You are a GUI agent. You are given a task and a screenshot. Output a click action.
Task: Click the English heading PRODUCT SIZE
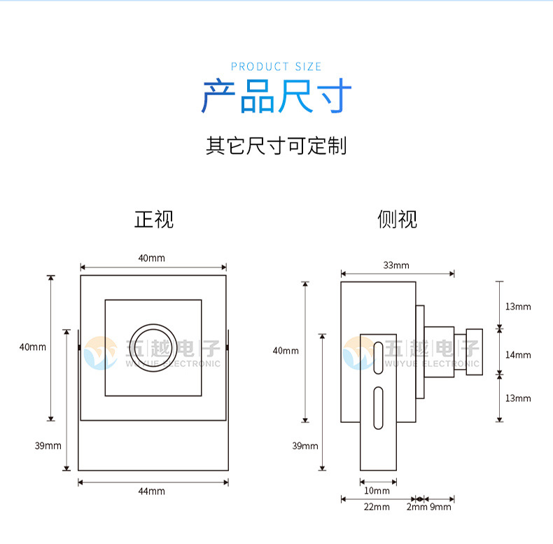tap(276, 67)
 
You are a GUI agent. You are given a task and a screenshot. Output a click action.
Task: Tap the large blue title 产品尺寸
tap(276, 97)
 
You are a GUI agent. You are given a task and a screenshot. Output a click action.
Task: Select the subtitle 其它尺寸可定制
tap(276, 146)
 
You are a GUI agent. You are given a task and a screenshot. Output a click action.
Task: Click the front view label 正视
tap(153, 219)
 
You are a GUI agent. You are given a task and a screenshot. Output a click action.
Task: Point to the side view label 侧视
tap(397, 219)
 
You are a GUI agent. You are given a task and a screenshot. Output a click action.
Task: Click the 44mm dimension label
tap(152, 491)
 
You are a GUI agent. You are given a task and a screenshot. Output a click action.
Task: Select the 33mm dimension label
tap(396, 265)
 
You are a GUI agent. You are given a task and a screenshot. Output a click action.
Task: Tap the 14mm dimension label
tap(518, 355)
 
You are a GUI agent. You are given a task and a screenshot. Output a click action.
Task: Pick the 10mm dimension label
tap(378, 491)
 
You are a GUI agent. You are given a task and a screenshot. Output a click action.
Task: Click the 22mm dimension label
tap(377, 507)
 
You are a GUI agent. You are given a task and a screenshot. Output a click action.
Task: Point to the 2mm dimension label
tap(416, 507)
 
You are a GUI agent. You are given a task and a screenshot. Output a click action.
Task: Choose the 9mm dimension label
tap(440, 507)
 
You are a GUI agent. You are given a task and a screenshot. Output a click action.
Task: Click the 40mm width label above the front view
tap(152, 258)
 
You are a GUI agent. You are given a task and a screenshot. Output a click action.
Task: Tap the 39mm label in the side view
tap(305, 446)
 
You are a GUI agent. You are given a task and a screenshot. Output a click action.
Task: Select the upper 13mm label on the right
tap(518, 307)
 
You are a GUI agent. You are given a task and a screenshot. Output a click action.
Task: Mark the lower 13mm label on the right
tap(518, 398)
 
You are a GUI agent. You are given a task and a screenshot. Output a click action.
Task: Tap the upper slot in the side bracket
tap(378, 357)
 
